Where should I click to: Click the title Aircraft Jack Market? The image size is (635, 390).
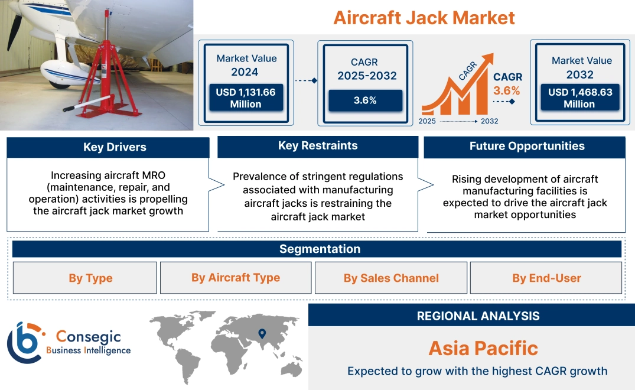point(424,17)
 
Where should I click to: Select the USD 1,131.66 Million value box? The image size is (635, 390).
point(245,98)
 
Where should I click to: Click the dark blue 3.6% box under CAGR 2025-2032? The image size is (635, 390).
point(365,100)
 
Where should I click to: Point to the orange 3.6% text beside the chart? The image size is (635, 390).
point(507,90)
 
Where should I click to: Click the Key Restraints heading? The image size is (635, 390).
point(318,146)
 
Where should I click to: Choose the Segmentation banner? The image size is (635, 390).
point(320,249)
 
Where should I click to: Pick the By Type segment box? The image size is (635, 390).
point(90,278)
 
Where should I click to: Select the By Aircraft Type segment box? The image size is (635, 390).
point(236,278)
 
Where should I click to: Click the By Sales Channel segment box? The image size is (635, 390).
point(391,278)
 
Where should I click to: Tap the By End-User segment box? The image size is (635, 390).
point(546,278)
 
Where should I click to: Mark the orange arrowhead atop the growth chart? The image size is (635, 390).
point(488,58)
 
